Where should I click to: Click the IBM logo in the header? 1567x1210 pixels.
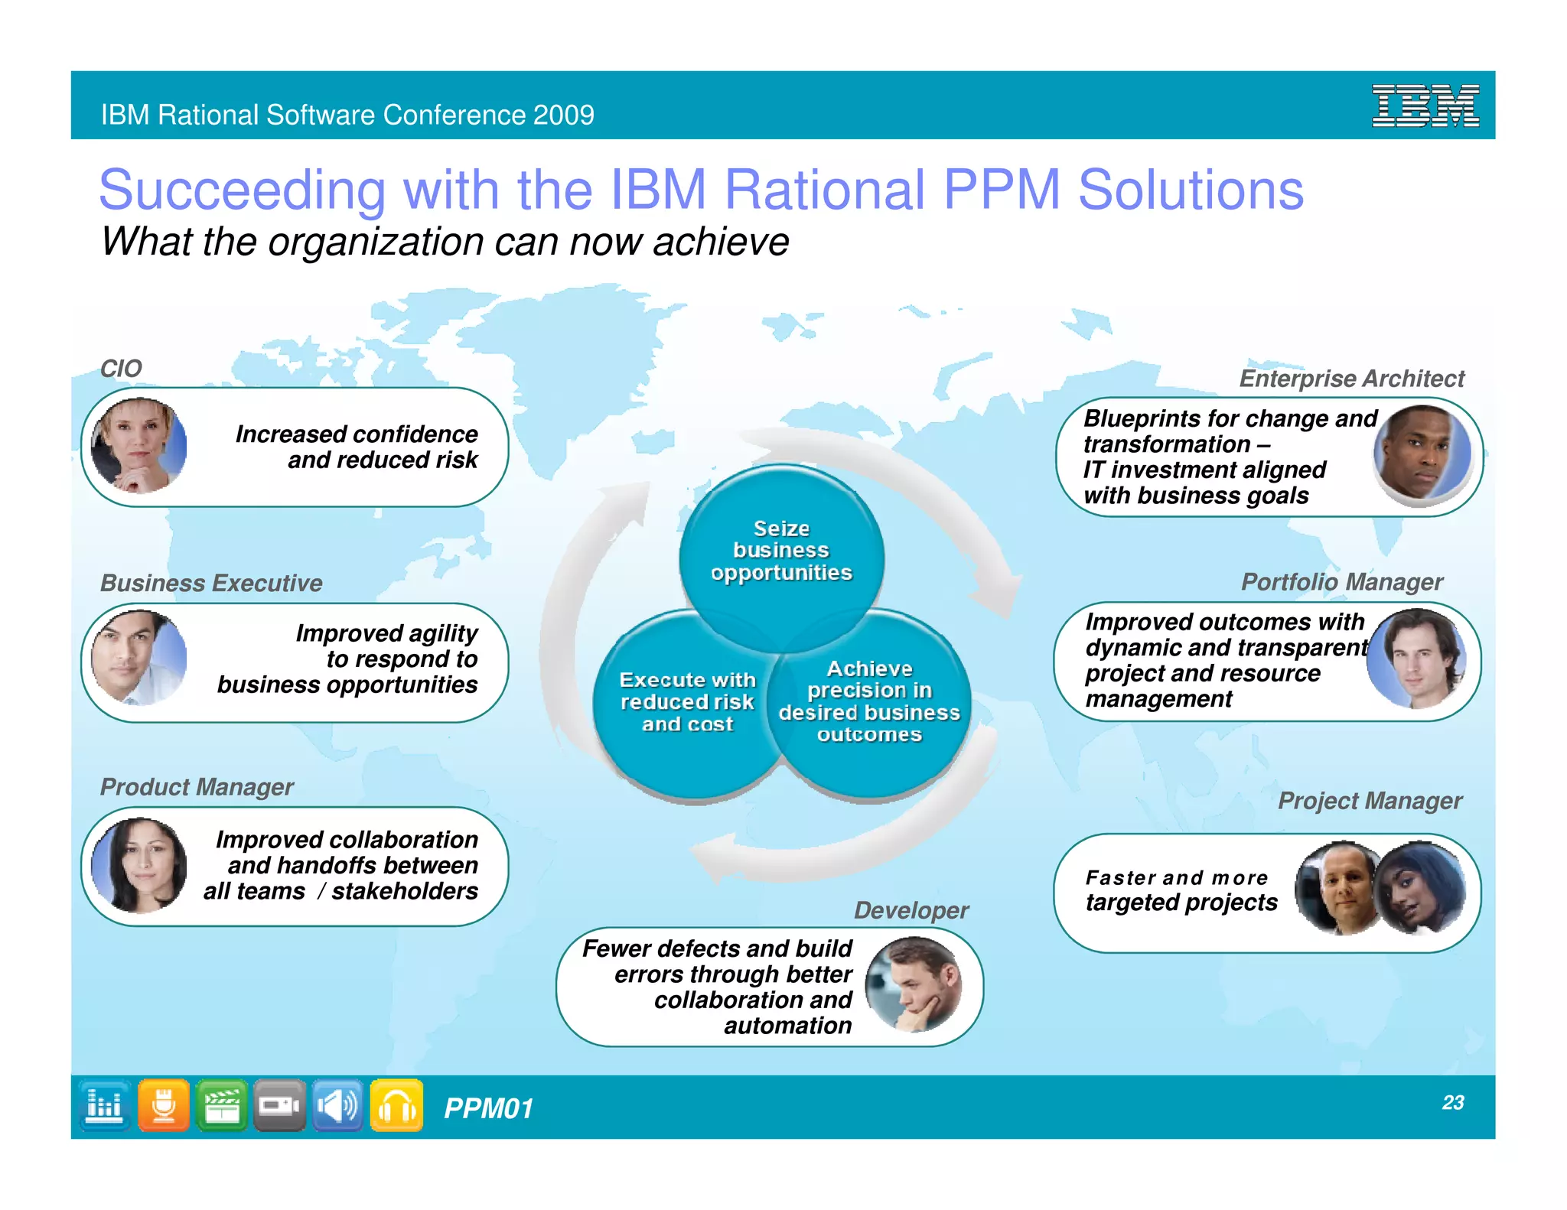(1425, 106)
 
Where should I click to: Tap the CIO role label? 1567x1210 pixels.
(121, 368)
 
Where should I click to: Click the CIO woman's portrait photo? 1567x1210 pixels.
(138, 445)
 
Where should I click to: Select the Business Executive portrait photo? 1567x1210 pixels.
(138, 658)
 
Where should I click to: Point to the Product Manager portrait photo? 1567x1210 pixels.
(138, 865)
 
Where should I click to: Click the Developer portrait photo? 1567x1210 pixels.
(914, 985)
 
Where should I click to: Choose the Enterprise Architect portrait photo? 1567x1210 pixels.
(1422, 454)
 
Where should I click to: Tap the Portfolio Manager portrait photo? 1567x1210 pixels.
(1417, 659)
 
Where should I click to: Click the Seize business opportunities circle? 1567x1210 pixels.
(781, 551)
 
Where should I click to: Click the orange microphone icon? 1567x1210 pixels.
(163, 1105)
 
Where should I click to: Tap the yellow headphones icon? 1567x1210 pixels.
(396, 1105)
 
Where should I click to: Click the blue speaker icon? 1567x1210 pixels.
(337, 1105)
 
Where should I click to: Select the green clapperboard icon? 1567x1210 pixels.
(221, 1105)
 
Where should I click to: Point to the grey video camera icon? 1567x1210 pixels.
(279, 1105)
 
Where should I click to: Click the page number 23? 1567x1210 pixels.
(1452, 1102)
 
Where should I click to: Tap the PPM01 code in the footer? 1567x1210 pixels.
(488, 1108)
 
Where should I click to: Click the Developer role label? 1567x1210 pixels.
(911, 910)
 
